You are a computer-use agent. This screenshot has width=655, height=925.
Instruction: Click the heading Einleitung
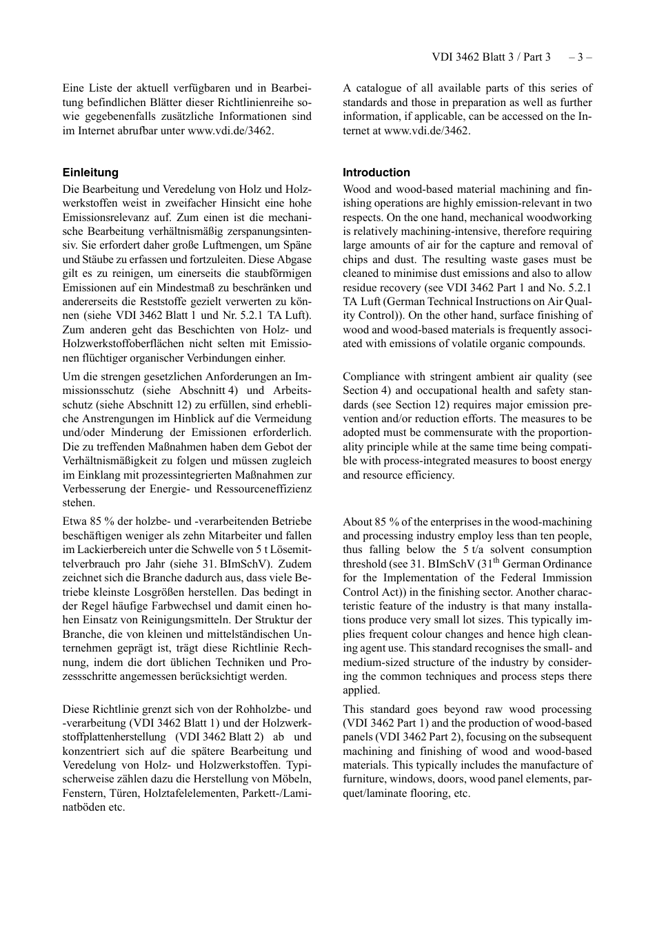(90, 173)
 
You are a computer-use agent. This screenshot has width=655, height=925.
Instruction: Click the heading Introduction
(376, 173)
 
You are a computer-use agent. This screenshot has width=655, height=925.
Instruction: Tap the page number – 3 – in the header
(580, 57)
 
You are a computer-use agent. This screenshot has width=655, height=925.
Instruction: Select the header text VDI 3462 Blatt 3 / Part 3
(491, 57)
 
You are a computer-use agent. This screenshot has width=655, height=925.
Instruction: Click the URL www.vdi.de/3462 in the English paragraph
(427, 130)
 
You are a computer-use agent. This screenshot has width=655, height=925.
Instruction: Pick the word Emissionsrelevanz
(105, 218)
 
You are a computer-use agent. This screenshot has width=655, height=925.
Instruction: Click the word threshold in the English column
(365, 564)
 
